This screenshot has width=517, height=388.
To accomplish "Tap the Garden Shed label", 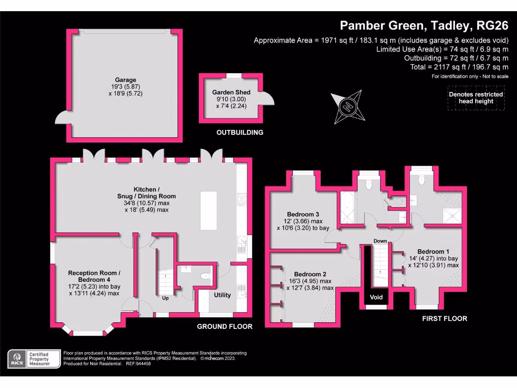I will tap(231, 92).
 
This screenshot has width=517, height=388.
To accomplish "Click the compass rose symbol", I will tap(348, 107).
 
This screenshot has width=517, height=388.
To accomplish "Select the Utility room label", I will tap(222, 295).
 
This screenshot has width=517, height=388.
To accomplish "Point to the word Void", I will tap(376, 297).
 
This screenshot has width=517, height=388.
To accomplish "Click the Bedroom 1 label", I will tap(433, 251).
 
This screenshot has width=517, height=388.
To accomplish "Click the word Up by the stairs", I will tap(165, 298).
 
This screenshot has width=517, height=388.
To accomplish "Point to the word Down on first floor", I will tap(380, 241).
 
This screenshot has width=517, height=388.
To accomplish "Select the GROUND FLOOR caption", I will tap(224, 327).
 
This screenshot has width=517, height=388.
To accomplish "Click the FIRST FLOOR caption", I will tap(444, 319).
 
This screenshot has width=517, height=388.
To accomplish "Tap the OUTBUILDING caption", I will tap(240, 133).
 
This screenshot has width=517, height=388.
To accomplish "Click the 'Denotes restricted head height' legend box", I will tap(476, 98).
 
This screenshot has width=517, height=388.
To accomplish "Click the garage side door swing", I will tap(62, 118).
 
